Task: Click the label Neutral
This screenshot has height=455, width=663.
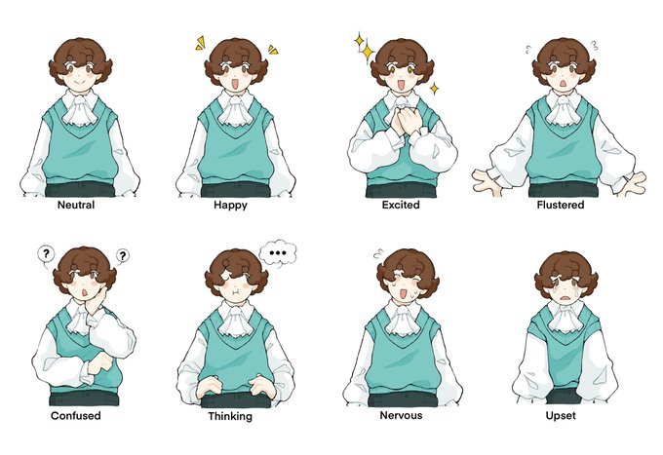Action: [x=76, y=205]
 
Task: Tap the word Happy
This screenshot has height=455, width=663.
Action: [x=230, y=206]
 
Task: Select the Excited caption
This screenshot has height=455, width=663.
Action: [x=401, y=205]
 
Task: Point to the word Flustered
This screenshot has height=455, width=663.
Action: [x=561, y=205]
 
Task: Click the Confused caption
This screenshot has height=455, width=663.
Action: [x=76, y=416]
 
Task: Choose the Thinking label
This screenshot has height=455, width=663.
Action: [x=230, y=417]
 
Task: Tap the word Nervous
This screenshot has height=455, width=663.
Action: [x=401, y=415]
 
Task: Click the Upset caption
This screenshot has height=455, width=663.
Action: [x=561, y=416]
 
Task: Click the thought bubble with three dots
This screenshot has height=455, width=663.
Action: [x=278, y=253]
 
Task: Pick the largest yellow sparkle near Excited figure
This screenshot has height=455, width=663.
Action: [x=368, y=52]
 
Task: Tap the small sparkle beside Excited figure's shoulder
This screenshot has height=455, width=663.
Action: [x=434, y=89]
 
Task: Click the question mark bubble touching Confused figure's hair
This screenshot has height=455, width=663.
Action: [x=122, y=256]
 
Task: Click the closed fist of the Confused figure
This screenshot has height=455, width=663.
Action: [x=100, y=364]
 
